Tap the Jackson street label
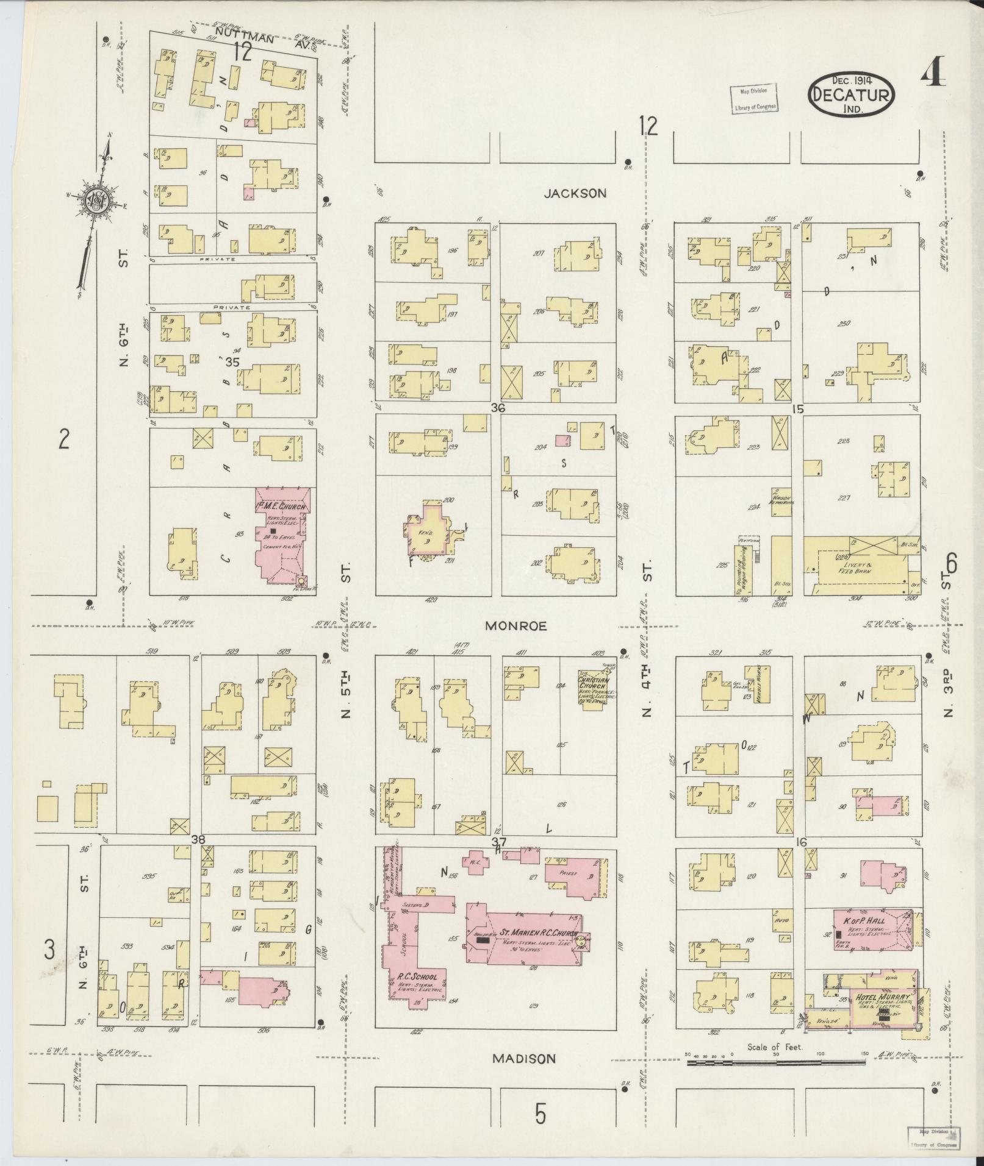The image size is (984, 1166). (x=575, y=193)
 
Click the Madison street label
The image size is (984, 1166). (x=524, y=1059)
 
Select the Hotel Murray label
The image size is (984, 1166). (x=883, y=998)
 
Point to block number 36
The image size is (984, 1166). (x=498, y=408)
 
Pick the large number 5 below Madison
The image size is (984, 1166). (x=540, y=1114)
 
